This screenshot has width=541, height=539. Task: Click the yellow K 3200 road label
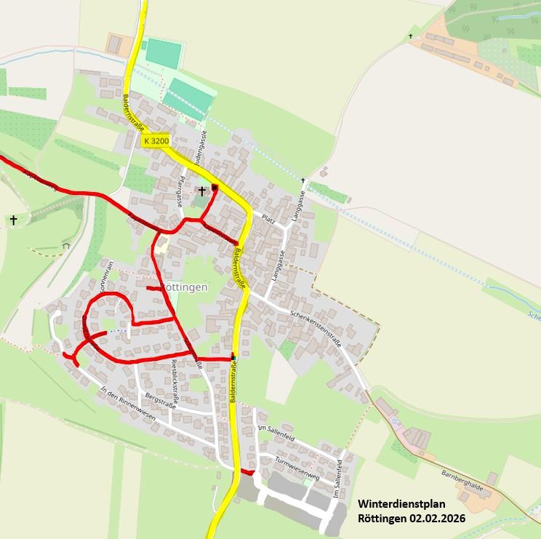click(x=156, y=140)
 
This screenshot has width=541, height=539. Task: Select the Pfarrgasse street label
click(x=182, y=191)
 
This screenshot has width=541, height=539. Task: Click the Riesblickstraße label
click(x=174, y=377)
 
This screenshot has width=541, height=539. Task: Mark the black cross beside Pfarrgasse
click(x=202, y=191)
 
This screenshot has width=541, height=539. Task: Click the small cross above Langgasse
click(x=303, y=180)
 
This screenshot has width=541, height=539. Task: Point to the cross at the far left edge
click(x=13, y=220)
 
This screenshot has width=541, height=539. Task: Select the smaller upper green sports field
click(x=163, y=53)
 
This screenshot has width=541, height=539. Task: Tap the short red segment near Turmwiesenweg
click(x=248, y=473)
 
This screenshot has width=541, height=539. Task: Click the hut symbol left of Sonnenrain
click(x=66, y=245)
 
